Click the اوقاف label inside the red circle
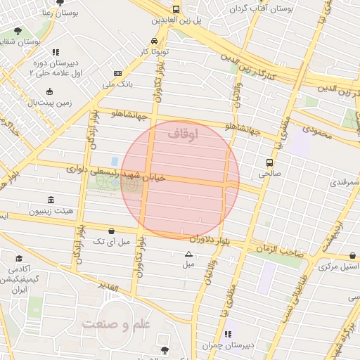click(184, 131)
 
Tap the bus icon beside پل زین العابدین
click(175, 10)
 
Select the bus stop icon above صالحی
click(269, 163)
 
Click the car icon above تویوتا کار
click(154, 41)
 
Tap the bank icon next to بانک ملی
click(117, 73)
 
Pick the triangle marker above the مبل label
click(188, 254)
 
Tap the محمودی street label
click(316, 129)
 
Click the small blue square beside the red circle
click(114, 161)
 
